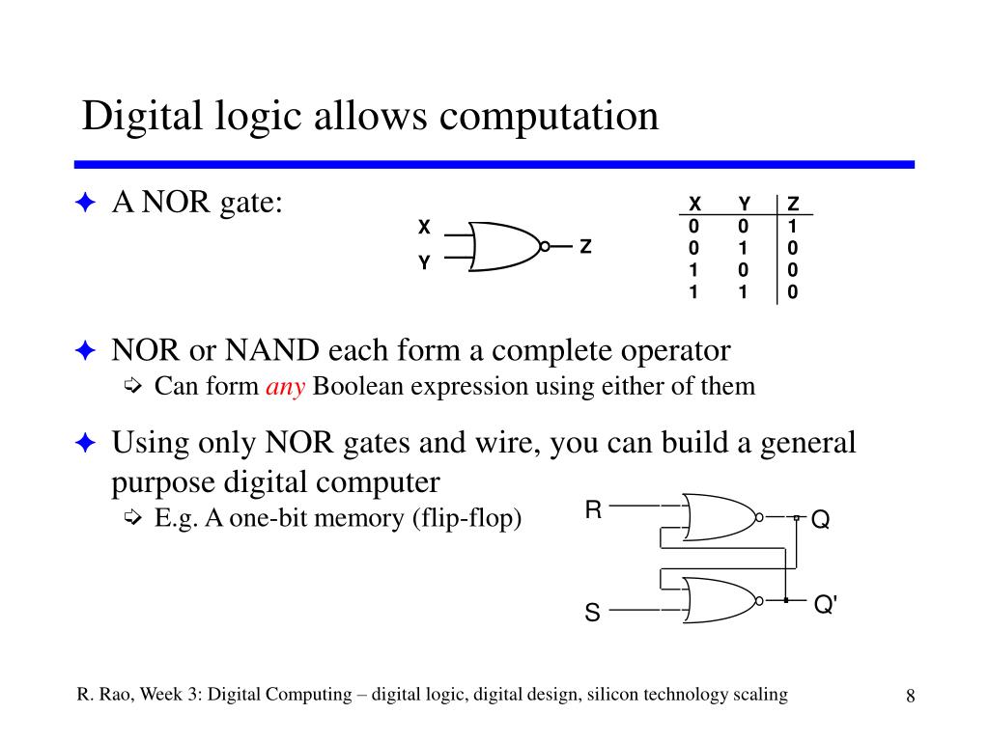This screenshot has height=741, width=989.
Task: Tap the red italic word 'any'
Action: [285, 387]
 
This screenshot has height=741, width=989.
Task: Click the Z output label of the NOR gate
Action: [585, 247]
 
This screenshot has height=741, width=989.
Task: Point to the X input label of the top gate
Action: [423, 228]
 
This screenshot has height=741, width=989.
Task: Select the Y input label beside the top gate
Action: [423, 262]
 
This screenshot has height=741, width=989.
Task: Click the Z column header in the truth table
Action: [793, 204]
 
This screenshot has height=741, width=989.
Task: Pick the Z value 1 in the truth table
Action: [793, 226]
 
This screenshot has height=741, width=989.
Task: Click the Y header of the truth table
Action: [744, 204]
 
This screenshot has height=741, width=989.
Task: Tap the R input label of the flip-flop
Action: [593, 510]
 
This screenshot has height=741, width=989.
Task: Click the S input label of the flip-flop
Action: [592, 613]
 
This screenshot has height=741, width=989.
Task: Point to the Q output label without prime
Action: [820, 520]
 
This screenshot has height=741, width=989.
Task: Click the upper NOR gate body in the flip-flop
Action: [720, 518]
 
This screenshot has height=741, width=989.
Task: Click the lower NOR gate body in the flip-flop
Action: [720, 600]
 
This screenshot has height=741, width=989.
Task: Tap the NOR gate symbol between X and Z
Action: [505, 248]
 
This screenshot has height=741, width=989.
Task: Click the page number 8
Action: [910, 698]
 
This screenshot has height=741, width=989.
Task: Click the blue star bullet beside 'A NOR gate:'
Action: [85, 203]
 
